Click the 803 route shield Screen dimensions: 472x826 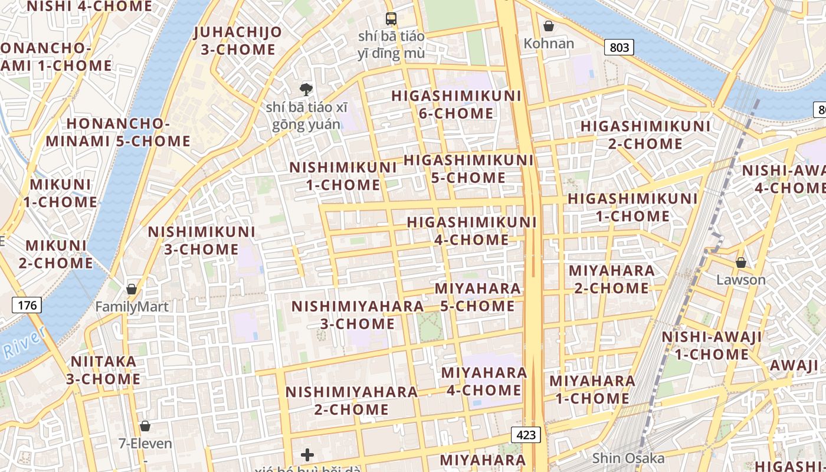click(619, 47)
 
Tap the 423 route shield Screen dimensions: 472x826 click(525, 435)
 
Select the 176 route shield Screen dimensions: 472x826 click(27, 305)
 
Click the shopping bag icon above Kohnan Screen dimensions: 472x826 click(549, 26)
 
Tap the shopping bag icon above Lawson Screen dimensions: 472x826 click(740, 263)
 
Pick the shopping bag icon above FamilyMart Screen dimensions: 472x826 click(132, 289)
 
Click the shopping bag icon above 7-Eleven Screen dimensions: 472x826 click(145, 426)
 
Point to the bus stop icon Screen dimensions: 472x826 click(391, 18)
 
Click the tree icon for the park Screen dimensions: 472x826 click(306, 90)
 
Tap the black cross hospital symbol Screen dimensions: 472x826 click(307, 454)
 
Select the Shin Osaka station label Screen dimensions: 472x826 click(628, 458)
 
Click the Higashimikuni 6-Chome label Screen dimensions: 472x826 click(456, 104)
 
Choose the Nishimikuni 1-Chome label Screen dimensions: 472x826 click(343, 176)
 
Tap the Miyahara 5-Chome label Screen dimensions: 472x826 click(478, 297)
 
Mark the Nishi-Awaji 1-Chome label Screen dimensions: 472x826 click(712, 346)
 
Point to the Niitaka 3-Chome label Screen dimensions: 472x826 click(103, 370)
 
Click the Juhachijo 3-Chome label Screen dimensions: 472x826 click(237, 41)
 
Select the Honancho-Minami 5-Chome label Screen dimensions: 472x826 click(118, 133)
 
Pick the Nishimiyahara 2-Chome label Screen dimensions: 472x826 click(352, 400)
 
